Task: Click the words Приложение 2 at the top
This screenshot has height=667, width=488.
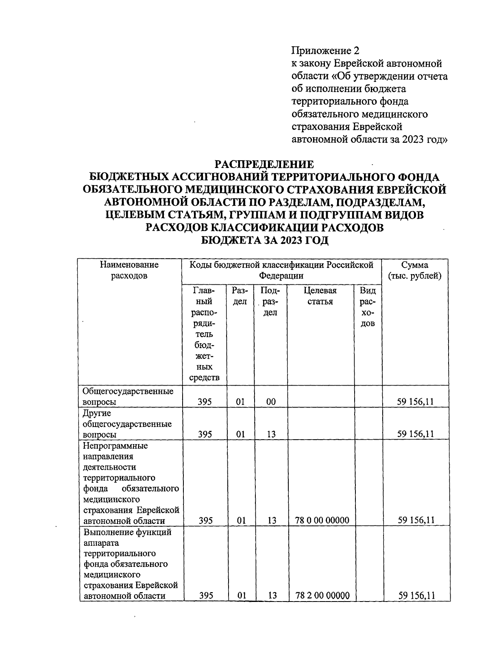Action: pos(326,51)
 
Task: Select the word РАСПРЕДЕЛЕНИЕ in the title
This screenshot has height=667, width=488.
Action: pos(264,164)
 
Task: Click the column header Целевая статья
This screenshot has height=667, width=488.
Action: pos(320,296)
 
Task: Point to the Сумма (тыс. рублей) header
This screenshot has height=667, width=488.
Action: pos(415,270)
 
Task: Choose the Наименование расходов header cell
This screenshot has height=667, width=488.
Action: pos(129,270)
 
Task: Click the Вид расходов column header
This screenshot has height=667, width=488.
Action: pos(368,307)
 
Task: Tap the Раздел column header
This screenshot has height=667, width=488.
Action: pos(240,296)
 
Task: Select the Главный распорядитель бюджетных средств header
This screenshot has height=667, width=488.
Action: pos(205,333)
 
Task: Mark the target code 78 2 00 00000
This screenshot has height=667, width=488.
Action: pos(324,596)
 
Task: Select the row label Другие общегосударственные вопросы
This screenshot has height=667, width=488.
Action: pos(126,424)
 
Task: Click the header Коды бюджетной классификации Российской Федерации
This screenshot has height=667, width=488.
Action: pos(281,270)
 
